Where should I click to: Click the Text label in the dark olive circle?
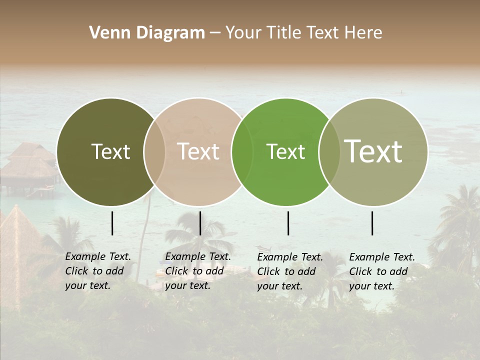tap(110, 151)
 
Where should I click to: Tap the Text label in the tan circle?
tap(198, 151)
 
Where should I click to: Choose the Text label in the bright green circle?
tap(285, 151)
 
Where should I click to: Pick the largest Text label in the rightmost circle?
tap(373, 151)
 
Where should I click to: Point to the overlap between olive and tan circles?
tap(154, 152)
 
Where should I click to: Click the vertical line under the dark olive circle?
tap(112, 223)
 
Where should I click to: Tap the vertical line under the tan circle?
tap(200, 223)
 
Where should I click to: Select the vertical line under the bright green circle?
tap(288, 223)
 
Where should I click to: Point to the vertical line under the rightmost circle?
tap(372, 223)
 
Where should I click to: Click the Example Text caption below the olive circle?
tap(97, 271)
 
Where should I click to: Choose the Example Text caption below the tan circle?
tap(197, 271)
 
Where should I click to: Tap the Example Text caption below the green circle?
tap(289, 271)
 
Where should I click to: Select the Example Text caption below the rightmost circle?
tap(381, 271)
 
